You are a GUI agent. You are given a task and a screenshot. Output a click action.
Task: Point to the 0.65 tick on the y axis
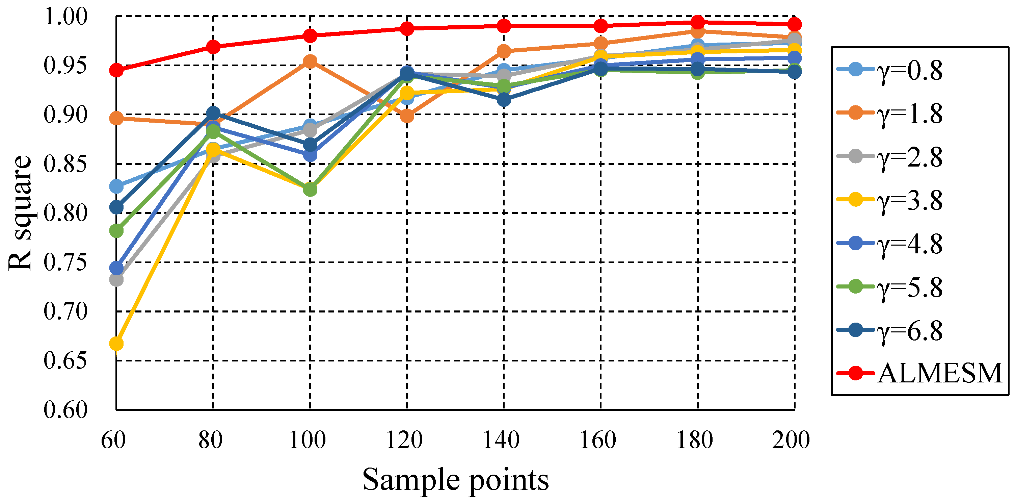click(65, 360)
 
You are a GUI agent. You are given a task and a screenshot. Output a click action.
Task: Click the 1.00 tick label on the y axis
click(65, 17)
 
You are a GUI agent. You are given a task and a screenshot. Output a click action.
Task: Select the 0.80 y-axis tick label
click(65, 213)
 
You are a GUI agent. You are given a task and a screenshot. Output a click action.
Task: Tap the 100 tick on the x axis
click(308, 440)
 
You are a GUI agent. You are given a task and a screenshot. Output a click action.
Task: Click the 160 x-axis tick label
click(598, 440)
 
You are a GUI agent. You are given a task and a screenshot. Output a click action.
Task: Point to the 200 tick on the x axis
click(791, 440)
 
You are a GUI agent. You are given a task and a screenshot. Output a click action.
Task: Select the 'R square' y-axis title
click(20, 213)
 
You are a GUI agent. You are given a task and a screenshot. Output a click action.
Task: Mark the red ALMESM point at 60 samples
click(116, 71)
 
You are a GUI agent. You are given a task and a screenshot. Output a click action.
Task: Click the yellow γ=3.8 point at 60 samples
click(116, 344)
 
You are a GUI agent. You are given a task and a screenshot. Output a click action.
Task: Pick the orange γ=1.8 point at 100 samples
click(310, 61)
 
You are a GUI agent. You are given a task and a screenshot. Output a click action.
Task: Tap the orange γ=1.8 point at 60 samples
click(116, 118)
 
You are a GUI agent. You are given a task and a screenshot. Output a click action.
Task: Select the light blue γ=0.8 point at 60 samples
click(116, 186)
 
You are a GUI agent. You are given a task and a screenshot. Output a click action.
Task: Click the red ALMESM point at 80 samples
click(213, 47)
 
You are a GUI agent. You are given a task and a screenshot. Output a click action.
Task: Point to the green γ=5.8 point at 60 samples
click(116, 231)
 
